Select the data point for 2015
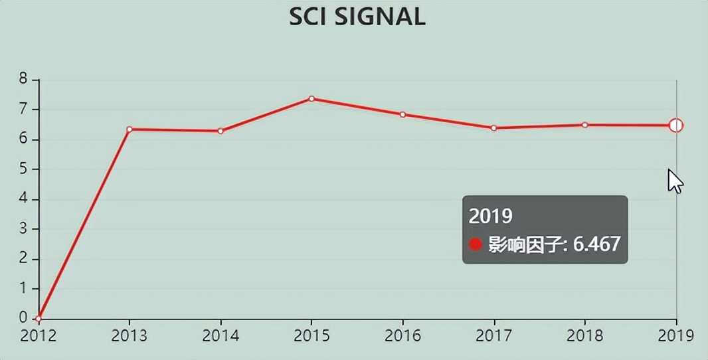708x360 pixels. (311, 99)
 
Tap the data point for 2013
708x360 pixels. (130, 129)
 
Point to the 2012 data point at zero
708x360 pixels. (39, 319)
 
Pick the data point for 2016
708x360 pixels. (402, 114)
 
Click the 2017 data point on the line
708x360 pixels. (493, 128)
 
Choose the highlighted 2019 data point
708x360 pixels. (676, 126)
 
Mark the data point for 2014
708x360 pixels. (221, 131)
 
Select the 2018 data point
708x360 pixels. (585, 125)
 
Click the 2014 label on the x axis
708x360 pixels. (221, 335)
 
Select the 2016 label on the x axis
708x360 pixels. (402, 335)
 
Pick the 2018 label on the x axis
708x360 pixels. (585, 335)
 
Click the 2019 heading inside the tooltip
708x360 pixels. (491, 216)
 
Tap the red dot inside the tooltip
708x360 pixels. (476, 244)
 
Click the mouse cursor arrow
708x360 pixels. (675, 180)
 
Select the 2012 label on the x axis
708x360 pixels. (39, 335)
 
